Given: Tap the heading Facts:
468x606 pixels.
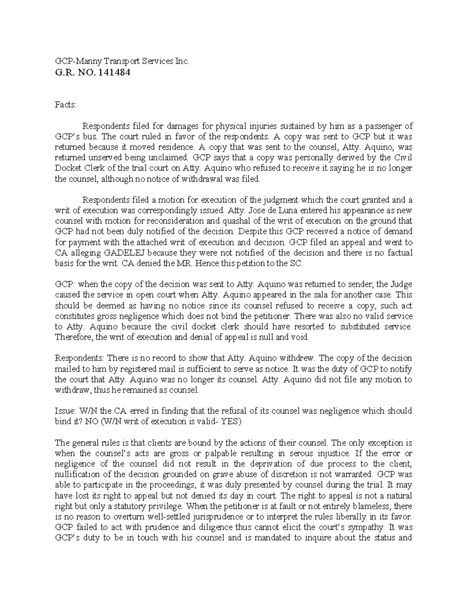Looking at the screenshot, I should tap(66, 105).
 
